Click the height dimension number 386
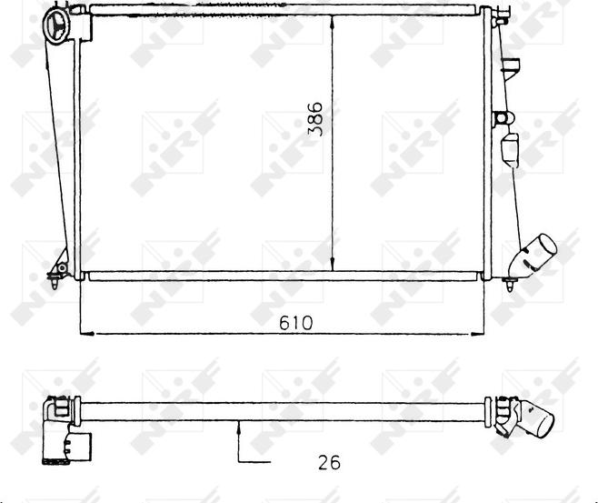pyautogui.click(x=315, y=118)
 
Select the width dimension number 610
pyautogui.click(x=295, y=323)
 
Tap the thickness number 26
pyautogui.click(x=329, y=463)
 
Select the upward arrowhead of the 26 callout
pyautogui.click(x=239, y=428)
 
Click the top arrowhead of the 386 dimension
pyautogui.click(x=333, y=22)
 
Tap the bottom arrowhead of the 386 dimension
pyautogui.click(x=333, y=264)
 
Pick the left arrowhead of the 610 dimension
pyautogui.click(x=87, y=334)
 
